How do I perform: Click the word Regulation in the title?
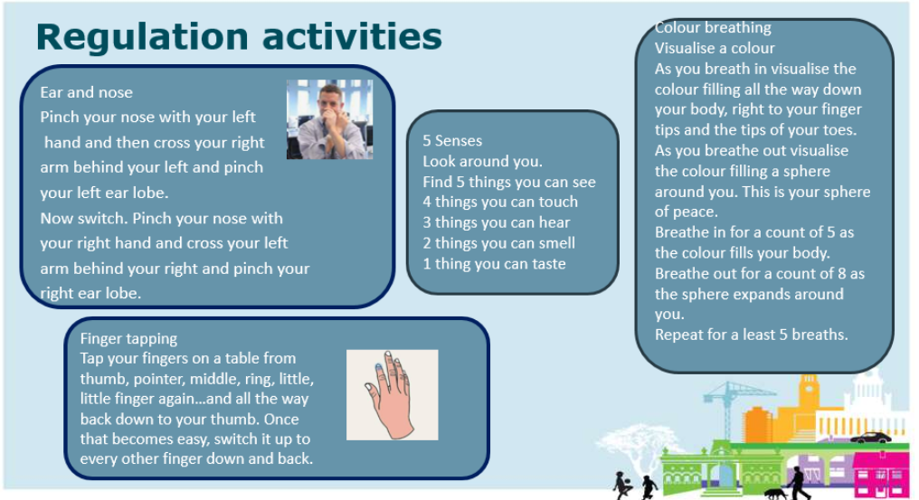(x=144, y=37)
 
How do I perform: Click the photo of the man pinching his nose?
(x=329, y=119)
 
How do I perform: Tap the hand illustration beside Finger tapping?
(x=392, y=394)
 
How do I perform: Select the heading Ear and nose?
(x=86, y=92)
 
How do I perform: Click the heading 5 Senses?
(x=452, y=141)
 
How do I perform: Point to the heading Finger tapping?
(x=128, y=339)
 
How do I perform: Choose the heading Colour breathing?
(x=713, y=27)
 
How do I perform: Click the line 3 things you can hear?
(x=497, y=222)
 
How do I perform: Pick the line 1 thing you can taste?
(x=494, y=264)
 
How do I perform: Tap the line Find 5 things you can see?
(x=509, y=182)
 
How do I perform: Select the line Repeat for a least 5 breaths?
(x=752, y=335)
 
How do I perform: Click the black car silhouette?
(x=870, y=438)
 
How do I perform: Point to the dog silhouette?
(x=775, y=494)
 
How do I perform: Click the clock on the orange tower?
(x=810, y=388)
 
